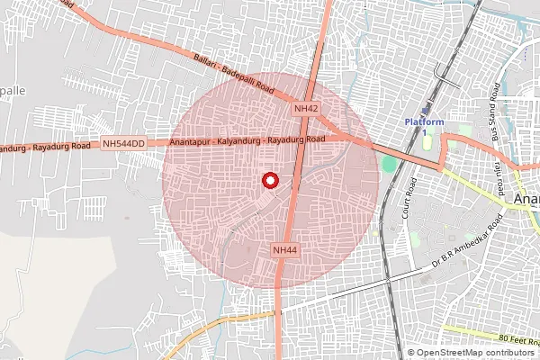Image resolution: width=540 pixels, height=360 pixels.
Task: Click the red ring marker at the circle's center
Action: tap(269, 180)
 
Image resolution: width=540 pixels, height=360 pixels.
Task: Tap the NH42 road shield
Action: tap(306, 108)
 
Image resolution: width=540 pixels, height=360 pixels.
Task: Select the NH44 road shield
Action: tap(284, 249)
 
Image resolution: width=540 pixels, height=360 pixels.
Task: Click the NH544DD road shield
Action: tap(124, 143)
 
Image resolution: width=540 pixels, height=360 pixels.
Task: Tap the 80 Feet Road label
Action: tap(517, 338)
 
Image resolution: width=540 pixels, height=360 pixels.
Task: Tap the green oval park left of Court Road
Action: tap(388, 166)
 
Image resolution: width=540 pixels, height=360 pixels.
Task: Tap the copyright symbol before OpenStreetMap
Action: tap(411, 353)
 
